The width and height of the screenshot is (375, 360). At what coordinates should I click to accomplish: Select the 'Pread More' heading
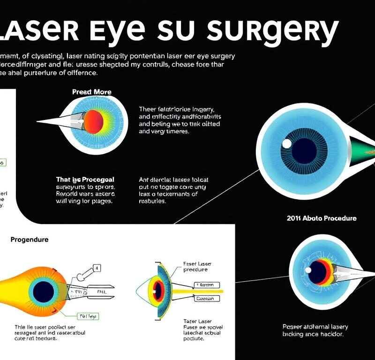92,91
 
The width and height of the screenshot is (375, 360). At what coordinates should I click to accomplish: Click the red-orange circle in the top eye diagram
93,121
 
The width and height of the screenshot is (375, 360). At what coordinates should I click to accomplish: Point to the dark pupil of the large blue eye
304,151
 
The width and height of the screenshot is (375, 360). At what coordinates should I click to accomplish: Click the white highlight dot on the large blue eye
287,143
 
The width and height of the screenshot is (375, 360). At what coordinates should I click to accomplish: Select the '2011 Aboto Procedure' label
321,218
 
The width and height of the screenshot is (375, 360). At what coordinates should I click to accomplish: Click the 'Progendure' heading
29,240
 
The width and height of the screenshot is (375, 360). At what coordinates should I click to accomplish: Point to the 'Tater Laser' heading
197,321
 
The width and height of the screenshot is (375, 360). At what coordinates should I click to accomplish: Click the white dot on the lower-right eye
308,270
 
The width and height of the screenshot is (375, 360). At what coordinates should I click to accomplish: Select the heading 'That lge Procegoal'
85,180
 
